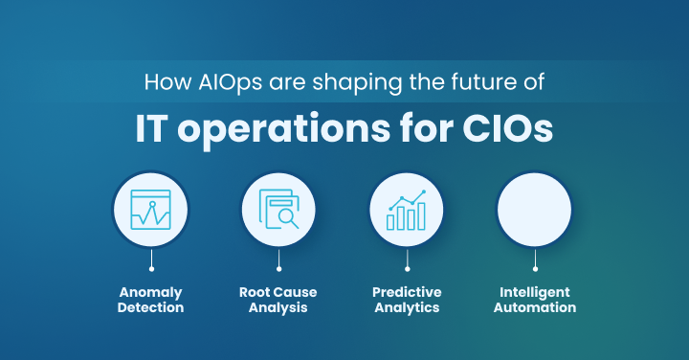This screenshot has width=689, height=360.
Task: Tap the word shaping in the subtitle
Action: [325, 81]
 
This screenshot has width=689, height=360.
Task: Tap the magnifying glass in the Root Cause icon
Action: [288, 217]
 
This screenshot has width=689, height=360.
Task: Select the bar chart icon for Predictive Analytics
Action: [406, 209]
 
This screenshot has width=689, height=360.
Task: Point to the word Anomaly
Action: [151, 292]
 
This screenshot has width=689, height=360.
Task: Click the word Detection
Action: [151, 308]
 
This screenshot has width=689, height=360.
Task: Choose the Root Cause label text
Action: [278, 292]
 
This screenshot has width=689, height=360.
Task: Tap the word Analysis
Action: [278, 308]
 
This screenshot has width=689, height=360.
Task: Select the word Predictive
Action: [407, 292]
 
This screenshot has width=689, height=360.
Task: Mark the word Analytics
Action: [407, 308]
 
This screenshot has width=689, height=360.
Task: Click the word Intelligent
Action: [535, 292]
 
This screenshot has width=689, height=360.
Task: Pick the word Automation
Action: [535, 308]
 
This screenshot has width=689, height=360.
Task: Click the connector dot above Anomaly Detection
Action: [150, 269]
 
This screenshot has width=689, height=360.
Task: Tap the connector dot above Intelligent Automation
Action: [535, 269]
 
